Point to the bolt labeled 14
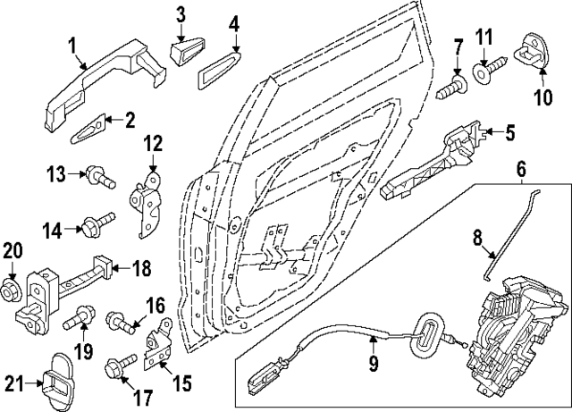(98, 221)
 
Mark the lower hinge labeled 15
(159, 345)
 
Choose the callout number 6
(521, 167)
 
